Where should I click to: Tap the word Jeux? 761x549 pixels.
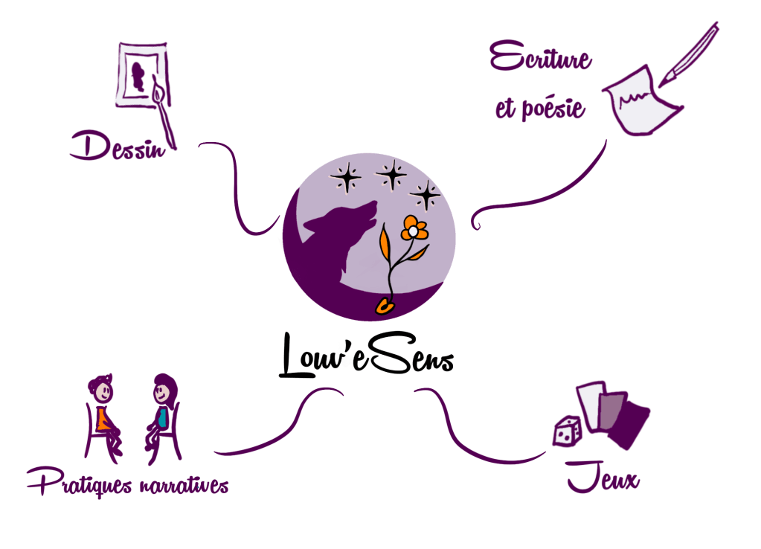[x=603, y=478]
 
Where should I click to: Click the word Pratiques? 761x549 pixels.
[x=78, y=484]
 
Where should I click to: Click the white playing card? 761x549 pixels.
[x=591, y=405]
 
